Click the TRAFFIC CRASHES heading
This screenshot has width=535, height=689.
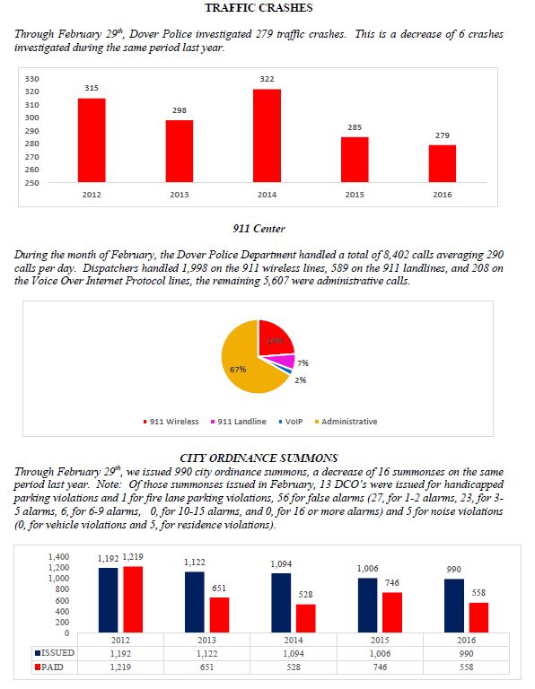click(259, 8)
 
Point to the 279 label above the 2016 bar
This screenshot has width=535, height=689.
click(443, 135)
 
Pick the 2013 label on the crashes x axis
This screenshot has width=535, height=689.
click(180, 194)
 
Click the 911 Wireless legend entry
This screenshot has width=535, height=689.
click(174, 422)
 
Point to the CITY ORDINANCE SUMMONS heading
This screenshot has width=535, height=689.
click(258, 458)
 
